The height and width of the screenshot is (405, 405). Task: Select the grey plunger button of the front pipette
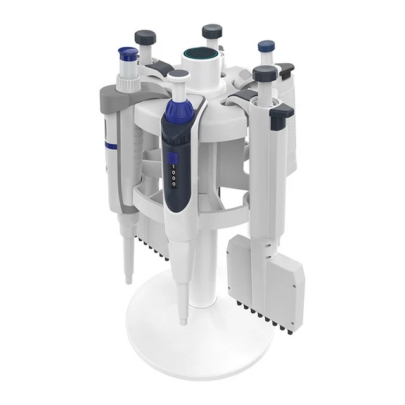(178, 74)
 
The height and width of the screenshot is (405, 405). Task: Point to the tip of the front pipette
(183, 322)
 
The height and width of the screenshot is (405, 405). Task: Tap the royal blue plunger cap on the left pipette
(128, 54)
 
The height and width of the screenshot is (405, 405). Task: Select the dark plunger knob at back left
(146, 37)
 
